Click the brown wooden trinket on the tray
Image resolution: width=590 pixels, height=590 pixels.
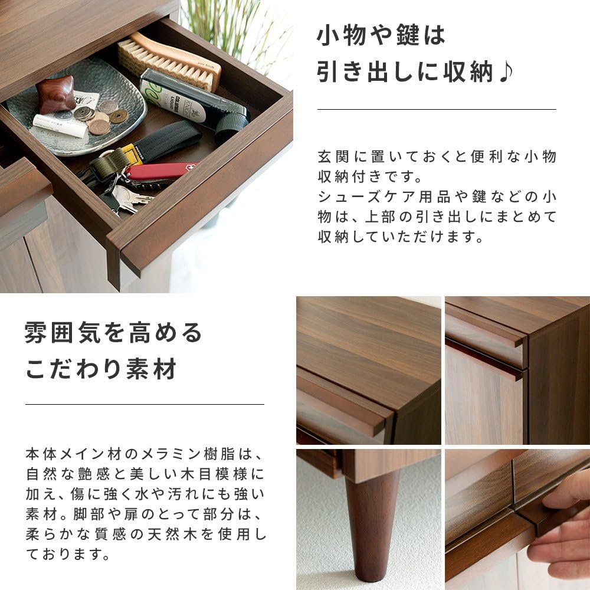pyautogui.click(x=55, y=93)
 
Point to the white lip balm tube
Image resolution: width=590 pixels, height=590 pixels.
pyautogui.click(x=60, y=126)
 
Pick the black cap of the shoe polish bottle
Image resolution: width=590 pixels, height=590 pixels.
pyautogui.click(x=231, y=126)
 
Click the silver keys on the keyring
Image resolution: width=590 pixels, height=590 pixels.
pyautogui.click(x=127, y=198)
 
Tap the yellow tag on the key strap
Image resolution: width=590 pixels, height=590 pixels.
pyautogui.click(x=133, y=155)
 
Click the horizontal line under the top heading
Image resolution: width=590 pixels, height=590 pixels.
pyautogui.click(x=437, y=109)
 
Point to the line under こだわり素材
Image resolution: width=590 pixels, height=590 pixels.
pyautogui.click(x=145, y=404)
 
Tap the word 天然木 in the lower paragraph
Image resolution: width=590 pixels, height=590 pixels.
pyautogui.click(x=177, y=535)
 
